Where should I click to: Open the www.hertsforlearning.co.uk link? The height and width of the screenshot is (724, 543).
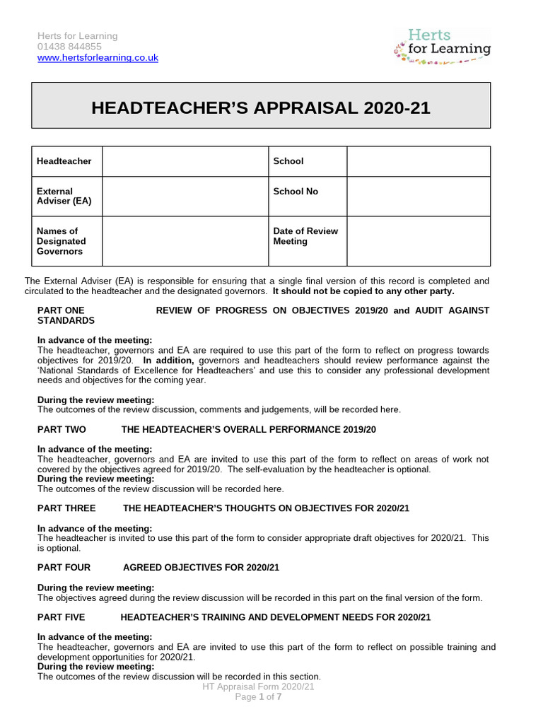(x=98, y=57)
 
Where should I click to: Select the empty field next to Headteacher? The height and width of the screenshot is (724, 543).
(x=185, y=161)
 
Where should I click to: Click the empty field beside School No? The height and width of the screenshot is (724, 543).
(x=418, y=196)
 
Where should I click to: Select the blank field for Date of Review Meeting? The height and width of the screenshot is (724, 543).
(x=418, y=241)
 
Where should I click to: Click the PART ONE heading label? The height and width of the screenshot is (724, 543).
(x=61, y=310)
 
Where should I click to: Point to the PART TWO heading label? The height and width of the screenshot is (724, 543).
(x=62, y=429)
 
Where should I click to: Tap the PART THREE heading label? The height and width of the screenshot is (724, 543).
(x=66, y=508)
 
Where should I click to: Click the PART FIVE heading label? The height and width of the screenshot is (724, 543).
(x=62, y=617)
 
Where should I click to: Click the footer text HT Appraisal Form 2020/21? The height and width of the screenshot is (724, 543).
(x=258, y=687)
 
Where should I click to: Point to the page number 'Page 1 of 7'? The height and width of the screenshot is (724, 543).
(x=258, y=697)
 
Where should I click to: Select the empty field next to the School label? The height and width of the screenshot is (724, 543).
(x=418, y=161)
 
